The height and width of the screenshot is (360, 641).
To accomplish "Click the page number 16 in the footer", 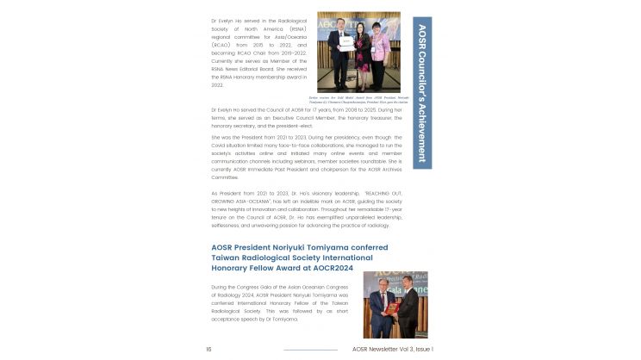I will click(208, 349).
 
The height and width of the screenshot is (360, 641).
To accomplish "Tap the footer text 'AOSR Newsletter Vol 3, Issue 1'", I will click(392, 349).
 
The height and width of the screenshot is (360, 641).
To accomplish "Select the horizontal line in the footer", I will click(311, 350).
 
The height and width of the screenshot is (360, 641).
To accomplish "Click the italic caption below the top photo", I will click(358, 99).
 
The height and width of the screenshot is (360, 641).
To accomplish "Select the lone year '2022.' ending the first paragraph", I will click(218, 84).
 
